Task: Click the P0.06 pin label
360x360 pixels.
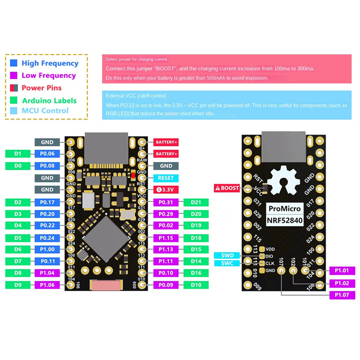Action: click(47, 154)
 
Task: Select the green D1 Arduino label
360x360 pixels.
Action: click(18, 154)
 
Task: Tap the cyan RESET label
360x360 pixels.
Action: click(166, 178)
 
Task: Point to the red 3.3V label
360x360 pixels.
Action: click(166, 189)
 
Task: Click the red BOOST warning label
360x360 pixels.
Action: click(227, 188)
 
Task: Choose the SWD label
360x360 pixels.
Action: click(227, 256)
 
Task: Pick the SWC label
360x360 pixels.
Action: click(227, 263)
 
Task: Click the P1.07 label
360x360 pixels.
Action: click(342, 295)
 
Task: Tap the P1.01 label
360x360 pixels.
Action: click(342, 270)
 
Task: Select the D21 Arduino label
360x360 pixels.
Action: click(196, 202)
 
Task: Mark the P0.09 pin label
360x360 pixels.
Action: click(166, 285)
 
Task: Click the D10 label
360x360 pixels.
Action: click(196, 285)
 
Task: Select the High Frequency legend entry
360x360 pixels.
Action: click(49, 63)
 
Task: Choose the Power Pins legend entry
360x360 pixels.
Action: click(41, 88)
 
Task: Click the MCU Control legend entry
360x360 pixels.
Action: click(45, 111)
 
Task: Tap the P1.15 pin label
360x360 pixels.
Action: click(166, 238)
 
